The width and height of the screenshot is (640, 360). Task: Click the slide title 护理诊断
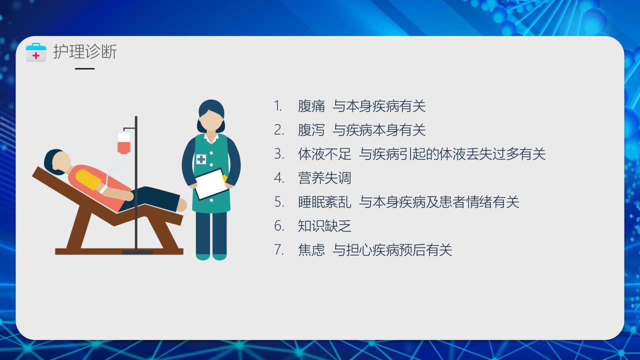click(x=85, y=52)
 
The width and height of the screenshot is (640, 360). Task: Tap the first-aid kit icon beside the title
click(x=36, y=52)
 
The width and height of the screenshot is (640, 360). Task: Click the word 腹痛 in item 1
click(x=311, y=106)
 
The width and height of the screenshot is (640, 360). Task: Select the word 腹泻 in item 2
click(x=311, y=130)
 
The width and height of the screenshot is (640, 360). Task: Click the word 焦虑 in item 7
click(x=311, y=250)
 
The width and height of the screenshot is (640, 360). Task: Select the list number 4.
click(x=278, y=178)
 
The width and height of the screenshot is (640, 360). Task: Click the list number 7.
click(x=278, y=250)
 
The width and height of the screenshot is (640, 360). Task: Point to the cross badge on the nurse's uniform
click(x=201, y=159)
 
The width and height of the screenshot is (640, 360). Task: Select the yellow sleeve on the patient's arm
click(x=86, y=179)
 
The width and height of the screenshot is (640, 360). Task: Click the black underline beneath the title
click(x=84, y=68)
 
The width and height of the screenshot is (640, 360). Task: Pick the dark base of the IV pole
click(x=137, y=252)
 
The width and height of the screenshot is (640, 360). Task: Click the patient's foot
click(x=181, y=204)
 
